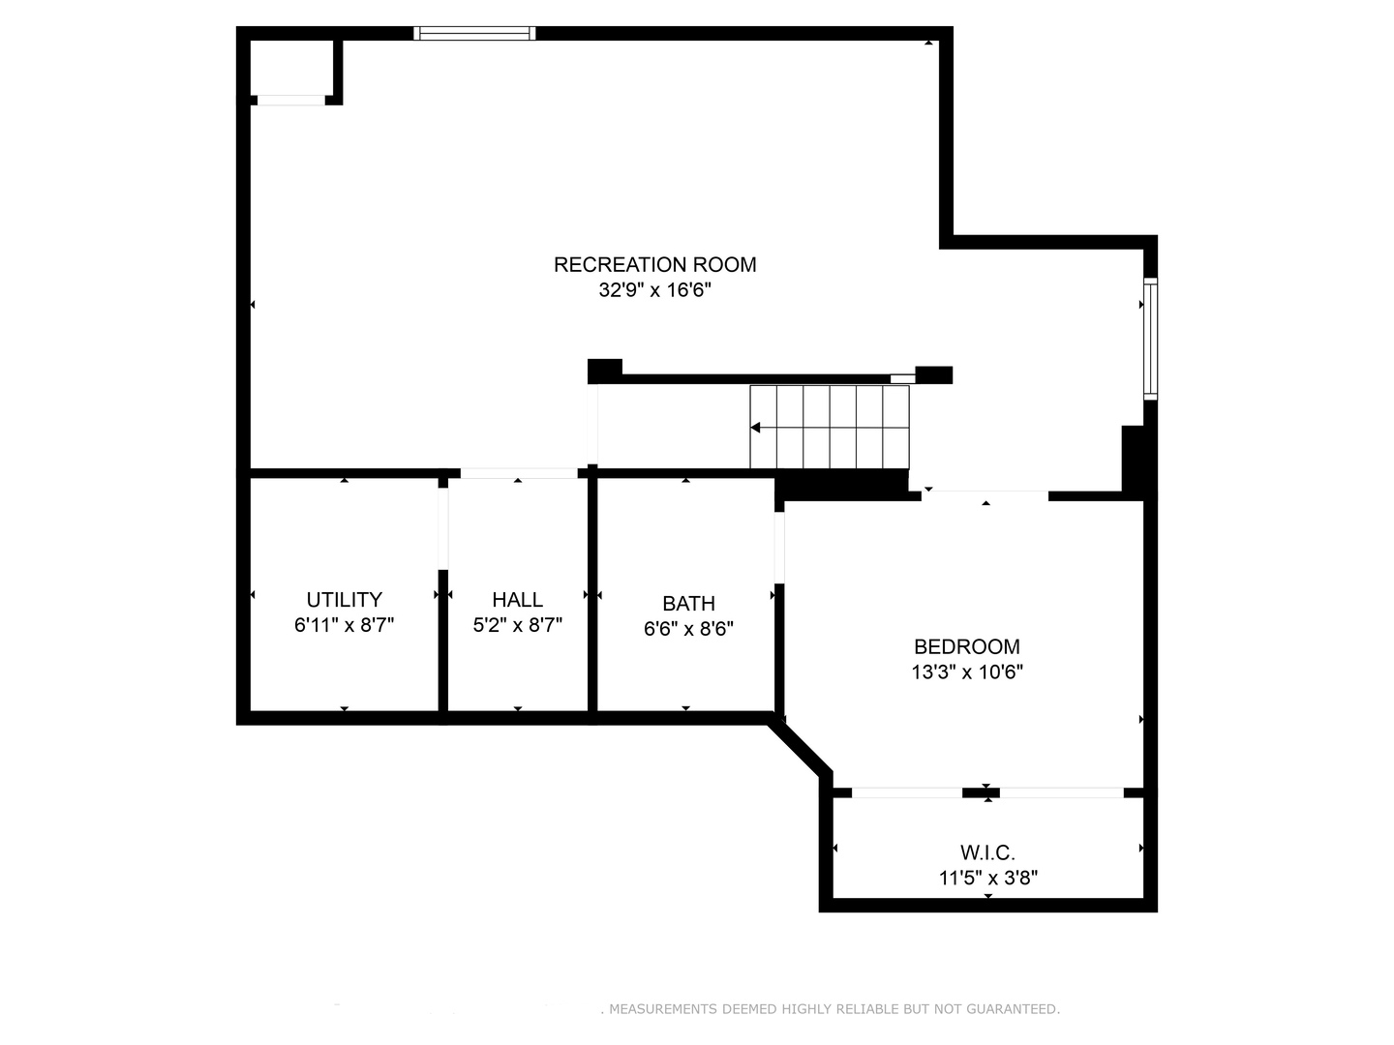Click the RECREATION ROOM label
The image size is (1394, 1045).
[x=654, y=264]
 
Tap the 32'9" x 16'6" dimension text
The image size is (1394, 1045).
[x=654, y=290]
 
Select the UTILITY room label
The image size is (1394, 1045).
[x=344, y=600]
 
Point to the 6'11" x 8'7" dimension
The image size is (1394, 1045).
[x=344, y=625]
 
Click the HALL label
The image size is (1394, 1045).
[x=517, y=600]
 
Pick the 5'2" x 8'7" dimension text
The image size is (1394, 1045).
[x=517, y=625]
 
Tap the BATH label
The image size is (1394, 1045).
[x=688, y=604]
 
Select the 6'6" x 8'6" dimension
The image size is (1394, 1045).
[x=688, y=629]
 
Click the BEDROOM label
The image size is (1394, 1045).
[x=966, y=646]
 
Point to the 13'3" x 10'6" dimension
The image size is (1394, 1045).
[x=966, y=672]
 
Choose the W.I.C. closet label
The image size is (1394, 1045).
[x=987, y=852]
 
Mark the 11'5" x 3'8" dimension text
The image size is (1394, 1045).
[x=987, y=878]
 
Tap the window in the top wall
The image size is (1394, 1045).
[x=474, y=34]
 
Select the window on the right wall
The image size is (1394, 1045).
[x=1150, y=339]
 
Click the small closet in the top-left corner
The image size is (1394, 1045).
[x=291, y=68]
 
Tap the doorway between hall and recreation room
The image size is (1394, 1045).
[x=518, y=473]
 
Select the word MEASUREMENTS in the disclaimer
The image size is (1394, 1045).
[x=663, y=1009]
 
